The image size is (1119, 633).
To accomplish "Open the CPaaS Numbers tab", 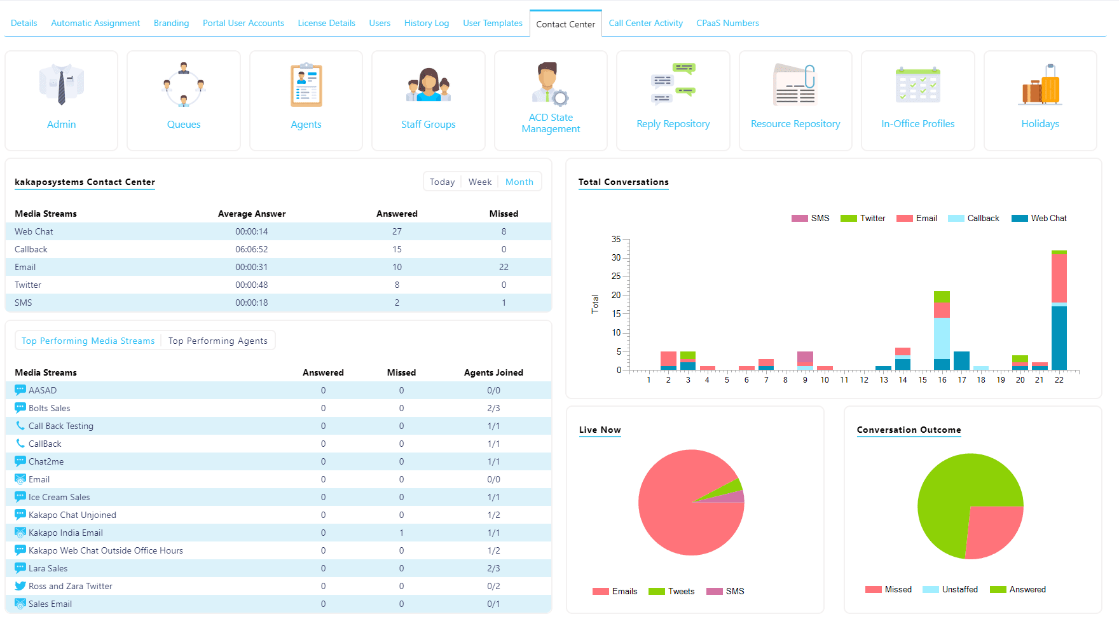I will [727, 23].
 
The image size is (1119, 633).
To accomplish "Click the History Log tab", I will [426, 23].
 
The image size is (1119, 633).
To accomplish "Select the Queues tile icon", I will [184, 85].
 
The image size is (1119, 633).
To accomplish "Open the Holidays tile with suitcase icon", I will [1040, 85].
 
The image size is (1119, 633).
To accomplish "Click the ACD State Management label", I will [551, 123].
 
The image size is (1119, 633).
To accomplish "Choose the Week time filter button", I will [480, 182].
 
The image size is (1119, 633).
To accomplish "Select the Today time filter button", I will [442, 182].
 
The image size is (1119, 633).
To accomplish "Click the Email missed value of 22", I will [504, 267].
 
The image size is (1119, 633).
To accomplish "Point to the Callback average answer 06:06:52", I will [252, 249].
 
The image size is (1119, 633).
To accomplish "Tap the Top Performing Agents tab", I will [217, 341].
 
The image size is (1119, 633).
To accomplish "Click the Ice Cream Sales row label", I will [59, 497].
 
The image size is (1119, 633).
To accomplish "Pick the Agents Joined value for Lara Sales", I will [493, 568].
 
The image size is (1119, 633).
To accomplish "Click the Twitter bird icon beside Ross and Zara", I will [20, 586].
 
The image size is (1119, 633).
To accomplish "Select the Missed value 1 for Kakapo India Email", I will [401, 533].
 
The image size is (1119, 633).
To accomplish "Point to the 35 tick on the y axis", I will [616, 239].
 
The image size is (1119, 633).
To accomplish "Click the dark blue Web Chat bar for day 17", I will [961, 360].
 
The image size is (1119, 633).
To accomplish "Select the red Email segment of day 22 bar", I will [1059, 278].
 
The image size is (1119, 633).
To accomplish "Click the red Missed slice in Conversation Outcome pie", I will [993, 530].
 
